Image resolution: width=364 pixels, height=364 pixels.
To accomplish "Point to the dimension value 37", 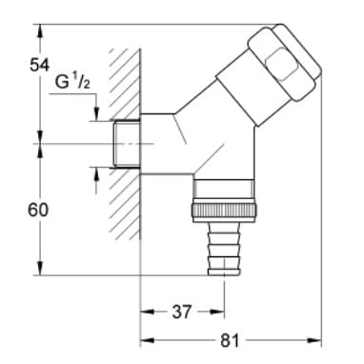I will [182, 310].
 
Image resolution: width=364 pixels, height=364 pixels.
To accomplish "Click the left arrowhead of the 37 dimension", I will [146, 310].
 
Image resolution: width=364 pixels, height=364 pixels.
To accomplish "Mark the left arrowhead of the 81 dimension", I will [146, 338].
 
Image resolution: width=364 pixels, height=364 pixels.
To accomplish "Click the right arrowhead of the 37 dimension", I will [221, 310].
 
